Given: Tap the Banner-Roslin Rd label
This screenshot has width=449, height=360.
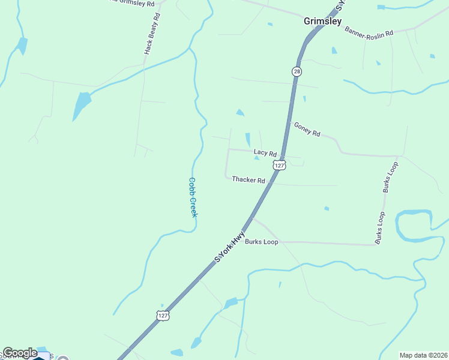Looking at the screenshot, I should tap(369, 31).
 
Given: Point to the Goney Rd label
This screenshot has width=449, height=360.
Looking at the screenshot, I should tap(307, 129).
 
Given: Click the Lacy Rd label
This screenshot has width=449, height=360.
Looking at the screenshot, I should tap(265, 154).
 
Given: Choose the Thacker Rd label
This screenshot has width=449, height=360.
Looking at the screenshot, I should tap(249, 179).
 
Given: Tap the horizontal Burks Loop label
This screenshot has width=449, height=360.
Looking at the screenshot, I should tap(261, 242).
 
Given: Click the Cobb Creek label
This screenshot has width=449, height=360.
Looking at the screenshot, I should tap(193, 197).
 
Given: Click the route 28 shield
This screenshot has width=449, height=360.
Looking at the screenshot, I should tap(297, 71).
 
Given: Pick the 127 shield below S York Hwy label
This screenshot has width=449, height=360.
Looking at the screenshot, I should tap(163, 315).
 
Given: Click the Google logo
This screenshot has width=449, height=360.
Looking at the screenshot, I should tap(20, 353).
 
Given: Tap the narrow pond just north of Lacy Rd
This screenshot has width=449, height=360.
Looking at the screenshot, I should tap(247, 139).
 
